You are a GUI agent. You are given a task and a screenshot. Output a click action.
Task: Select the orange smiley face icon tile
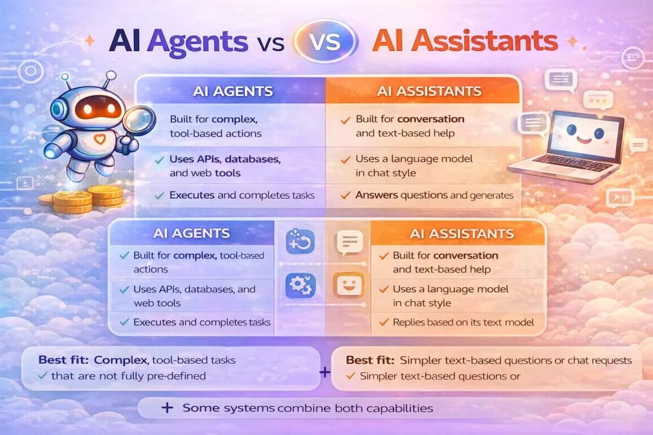coord(348,285)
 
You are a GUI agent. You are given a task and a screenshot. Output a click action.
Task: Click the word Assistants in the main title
coord(464,41)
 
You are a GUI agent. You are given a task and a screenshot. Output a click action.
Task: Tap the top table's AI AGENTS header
coord(232,90)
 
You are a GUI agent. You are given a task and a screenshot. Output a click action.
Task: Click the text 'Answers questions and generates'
coord(434,196)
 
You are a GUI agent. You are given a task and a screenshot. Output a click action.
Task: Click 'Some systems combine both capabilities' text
coord(307,408)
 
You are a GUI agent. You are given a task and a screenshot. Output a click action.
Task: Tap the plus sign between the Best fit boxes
coord(325,371)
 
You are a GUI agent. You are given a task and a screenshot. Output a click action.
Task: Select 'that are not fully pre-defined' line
coord(128,376)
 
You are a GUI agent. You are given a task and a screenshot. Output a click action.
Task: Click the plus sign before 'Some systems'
coord(168,408)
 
